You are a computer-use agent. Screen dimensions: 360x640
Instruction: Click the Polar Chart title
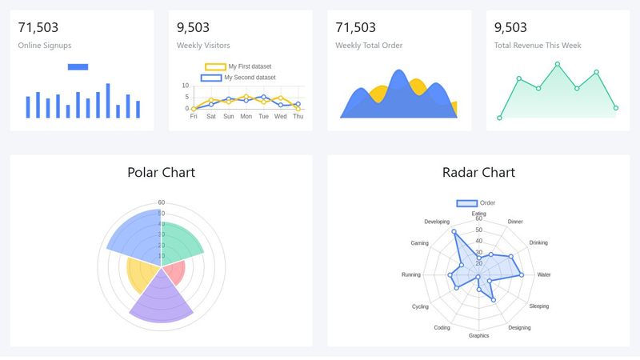pos(161,172)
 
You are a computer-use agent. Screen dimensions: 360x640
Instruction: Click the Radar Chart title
pos(478,172)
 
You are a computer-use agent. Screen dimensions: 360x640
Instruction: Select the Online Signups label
pos(44,46)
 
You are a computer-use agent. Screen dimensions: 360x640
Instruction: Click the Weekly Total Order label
pos(369,46)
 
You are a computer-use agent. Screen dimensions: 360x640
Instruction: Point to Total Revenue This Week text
pos(537,46)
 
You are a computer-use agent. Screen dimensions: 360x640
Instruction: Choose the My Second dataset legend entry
pos(250,78)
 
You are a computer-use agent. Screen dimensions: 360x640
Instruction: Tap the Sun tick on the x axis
pos(228,117)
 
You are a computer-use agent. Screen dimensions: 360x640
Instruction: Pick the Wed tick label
pos(281,117)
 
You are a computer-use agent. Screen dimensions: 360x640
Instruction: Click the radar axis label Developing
pos(437,222)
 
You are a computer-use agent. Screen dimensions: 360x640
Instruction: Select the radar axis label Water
pos(544,275)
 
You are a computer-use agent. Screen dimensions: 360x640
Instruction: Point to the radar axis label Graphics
pos(478,336)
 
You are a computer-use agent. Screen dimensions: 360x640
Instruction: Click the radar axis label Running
pos(411,275)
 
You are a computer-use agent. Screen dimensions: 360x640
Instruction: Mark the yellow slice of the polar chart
pos(142,274)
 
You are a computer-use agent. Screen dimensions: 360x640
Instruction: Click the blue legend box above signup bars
pos(78,66)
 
